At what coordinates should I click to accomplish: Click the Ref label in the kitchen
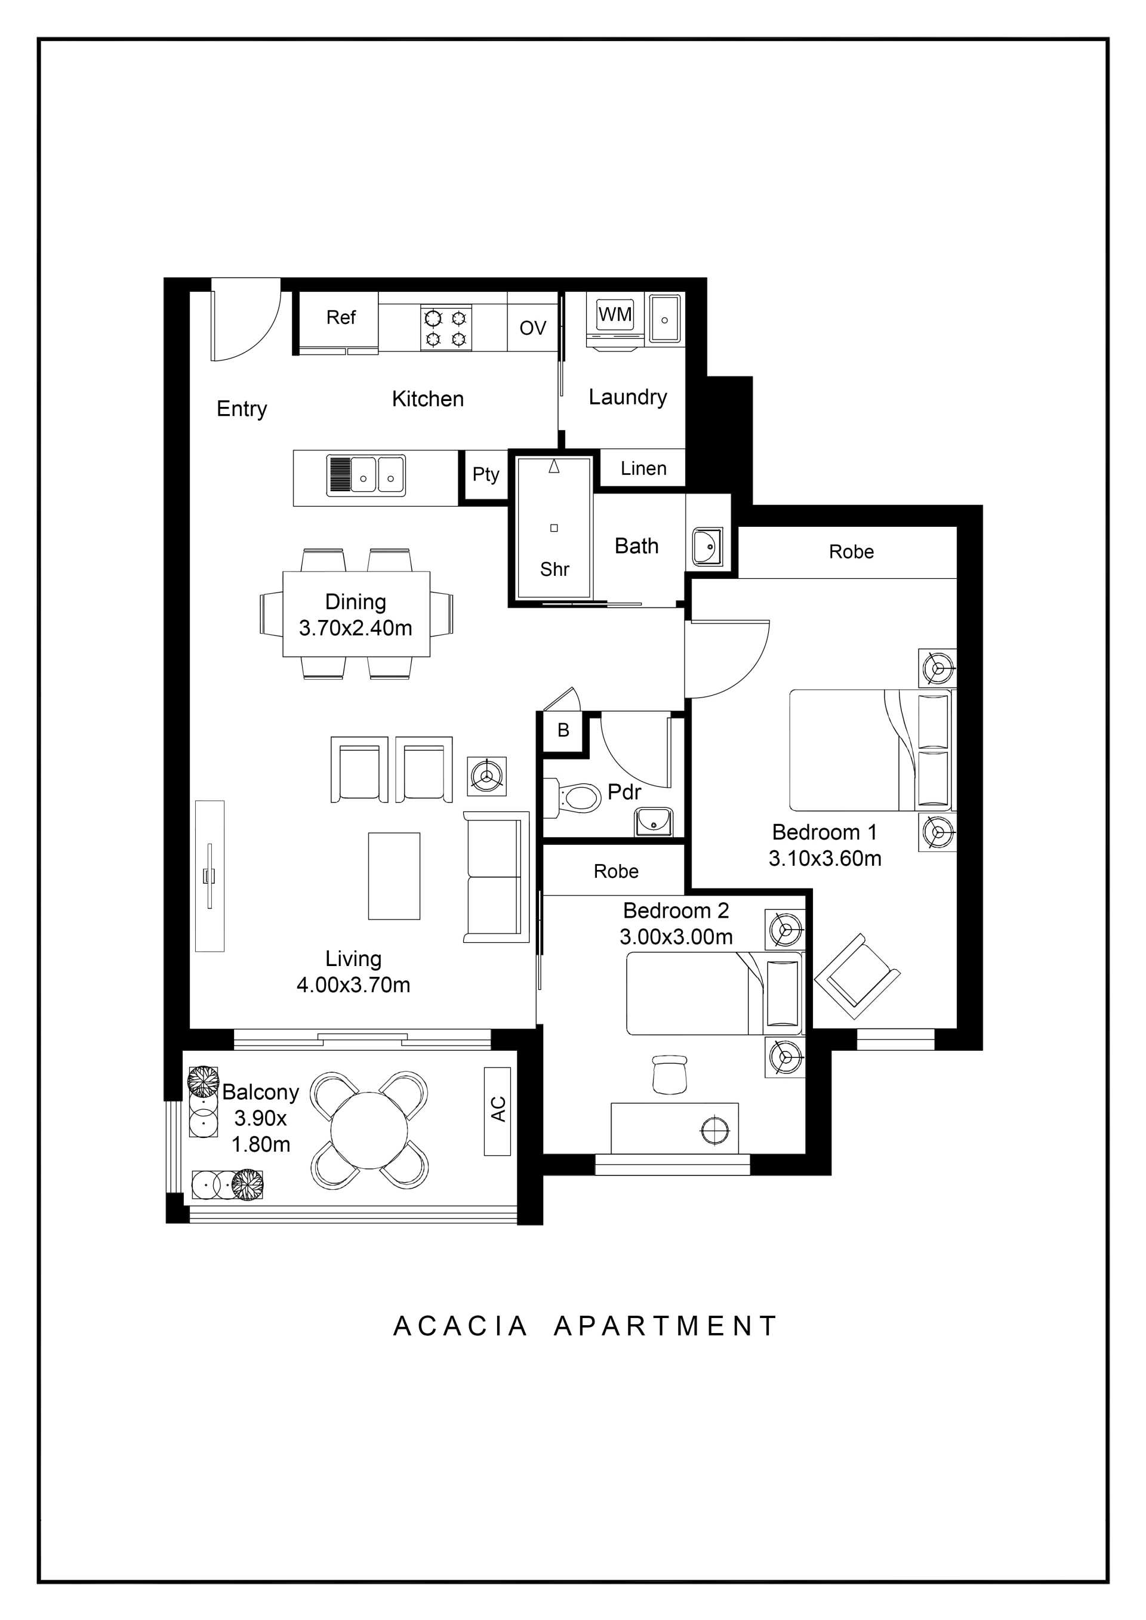[340, 317]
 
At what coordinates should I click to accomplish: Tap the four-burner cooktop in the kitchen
[446, 328]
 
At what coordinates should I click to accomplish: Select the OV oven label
[533, 328]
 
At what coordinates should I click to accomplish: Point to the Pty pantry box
[485, 476]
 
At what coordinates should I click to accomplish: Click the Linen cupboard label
[643, 468]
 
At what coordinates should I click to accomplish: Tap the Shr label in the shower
[554, 569]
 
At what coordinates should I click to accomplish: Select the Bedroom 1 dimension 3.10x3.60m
[824, 859]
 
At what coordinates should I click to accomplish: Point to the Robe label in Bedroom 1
[851, 552]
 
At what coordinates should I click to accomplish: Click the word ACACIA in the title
[460, 1326]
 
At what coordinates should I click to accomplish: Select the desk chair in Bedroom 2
[669, 1075]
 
